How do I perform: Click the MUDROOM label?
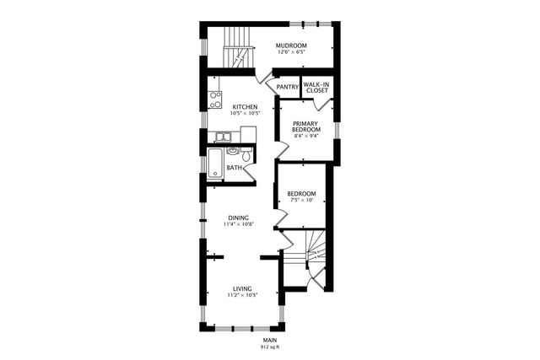coord(292,45)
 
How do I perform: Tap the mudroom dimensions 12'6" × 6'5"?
coord(292,52)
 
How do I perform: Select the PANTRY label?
coord(288,86)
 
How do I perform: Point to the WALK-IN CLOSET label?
coord(316,88)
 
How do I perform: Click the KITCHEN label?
coord(245,107)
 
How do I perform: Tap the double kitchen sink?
coord(224,137)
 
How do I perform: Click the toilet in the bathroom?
coord(246,156)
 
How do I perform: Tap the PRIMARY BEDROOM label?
coord(306,126)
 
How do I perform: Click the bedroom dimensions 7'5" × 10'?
coord(301,201)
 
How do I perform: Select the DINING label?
coord(238,218)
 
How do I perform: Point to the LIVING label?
coord(242,288)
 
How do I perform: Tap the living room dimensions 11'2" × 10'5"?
coord(242,296)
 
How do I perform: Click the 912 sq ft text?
coord(269,347)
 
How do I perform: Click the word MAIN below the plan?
coord(269,339)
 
